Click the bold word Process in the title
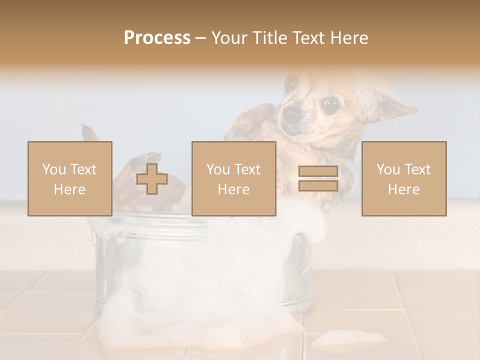157,38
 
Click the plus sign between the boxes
152,179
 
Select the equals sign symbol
318,178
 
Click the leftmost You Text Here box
70,178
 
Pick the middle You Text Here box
233,178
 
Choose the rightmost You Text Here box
404,178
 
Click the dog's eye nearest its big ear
330,104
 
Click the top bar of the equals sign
318,172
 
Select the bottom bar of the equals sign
318,185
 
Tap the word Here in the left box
70,189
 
